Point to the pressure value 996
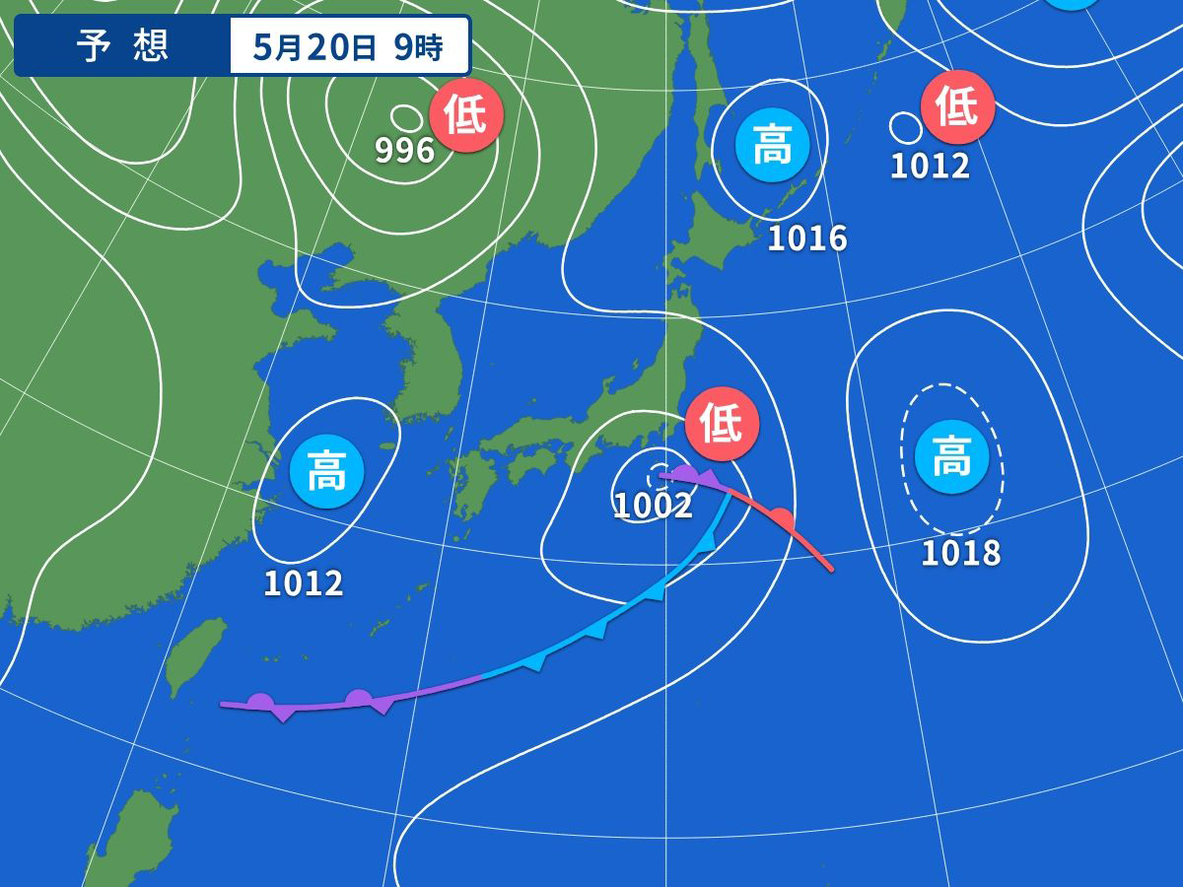pyautogui.click(x=404, y=151)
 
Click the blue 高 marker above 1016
pyautogui.click(x=772, y=148)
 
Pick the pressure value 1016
pyautogui.click(x=806, y=238)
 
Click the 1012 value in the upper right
pyautogui.click(x=930, y=166)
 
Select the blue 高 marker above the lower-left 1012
pyautogui.click(x=326, y=471)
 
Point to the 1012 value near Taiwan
pyautogui.click(x=303, y=583)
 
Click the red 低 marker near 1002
pyautogui.click(x=723, y=424)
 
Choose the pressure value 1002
pyautogui.click(x=653, y=506)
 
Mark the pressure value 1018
pyautogui.click(x=960, y=553)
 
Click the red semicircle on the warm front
pyautogui.click(x=781, y=516)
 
